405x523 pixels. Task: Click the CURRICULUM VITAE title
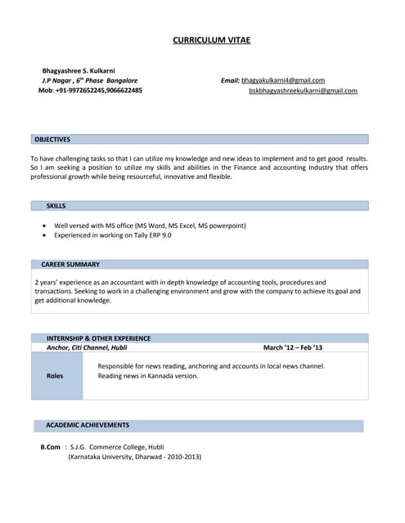pyautogui.click(x=212, y=40)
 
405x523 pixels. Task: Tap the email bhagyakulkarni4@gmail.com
pyautogui.click(x=283, y=81)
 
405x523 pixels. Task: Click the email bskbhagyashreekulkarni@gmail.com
pyautogui.click(x=303, y=91)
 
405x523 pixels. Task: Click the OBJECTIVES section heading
pyautogui.click(x=52, y=140)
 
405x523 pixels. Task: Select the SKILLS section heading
pyautogui.click(x=56, y=206)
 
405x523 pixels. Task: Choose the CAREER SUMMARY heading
pyautogui.click(x=70, y=265)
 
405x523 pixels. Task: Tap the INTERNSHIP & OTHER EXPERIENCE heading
pyautogui.click(x=98, y=337)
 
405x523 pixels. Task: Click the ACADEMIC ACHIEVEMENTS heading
pyautogui.click(x=88, y=425)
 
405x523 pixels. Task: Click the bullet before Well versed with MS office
pyautogui.click(x=44, y=226)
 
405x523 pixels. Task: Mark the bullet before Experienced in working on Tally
pyautogui.click(x=44, y=235)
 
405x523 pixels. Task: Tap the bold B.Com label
pyautogui.click(x=51, y=447)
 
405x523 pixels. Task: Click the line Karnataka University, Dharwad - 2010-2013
pyautogui.click(x=134, y=457)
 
